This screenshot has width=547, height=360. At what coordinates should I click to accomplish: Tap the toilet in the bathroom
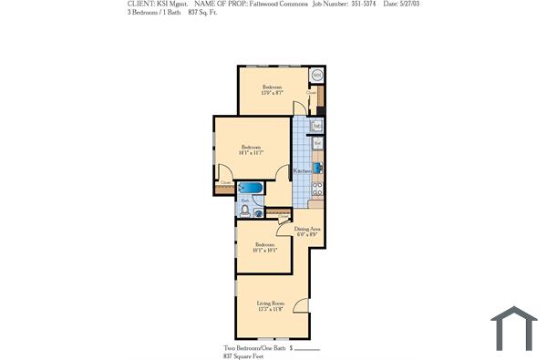click(244, 211)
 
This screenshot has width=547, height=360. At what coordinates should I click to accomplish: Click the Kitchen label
click(302, 171)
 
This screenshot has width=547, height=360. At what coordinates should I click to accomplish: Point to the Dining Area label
click(307, 231)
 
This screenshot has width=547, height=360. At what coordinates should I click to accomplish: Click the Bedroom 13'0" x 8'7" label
click(273, 89)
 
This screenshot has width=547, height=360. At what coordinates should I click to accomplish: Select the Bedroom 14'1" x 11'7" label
click(251, 150)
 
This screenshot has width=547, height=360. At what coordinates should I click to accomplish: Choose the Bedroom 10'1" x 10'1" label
click(265, 247)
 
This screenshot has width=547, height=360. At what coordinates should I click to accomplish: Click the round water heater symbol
click(316, 75)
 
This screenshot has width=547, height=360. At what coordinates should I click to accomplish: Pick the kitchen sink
click(317, 126)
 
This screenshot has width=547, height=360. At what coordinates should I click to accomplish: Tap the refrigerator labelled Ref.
click(317, 144)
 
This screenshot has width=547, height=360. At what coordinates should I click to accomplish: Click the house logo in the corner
click(513, 328)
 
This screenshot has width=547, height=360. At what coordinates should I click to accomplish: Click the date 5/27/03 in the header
click(402, 4)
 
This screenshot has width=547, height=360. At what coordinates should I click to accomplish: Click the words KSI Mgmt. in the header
click(169, 4)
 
